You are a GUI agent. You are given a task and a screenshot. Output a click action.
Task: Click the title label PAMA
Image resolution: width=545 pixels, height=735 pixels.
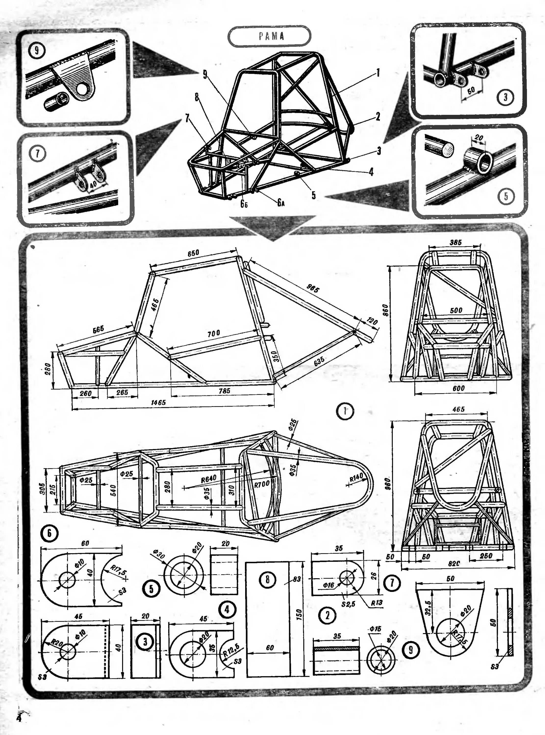(271, 36)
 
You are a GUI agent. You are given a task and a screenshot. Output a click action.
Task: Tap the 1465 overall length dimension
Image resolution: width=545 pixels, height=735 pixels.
(158, 403)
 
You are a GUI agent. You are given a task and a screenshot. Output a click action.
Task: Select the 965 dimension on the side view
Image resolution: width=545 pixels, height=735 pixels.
(312, 288)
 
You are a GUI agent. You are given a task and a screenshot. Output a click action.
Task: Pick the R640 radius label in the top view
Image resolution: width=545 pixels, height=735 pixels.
(208, 478)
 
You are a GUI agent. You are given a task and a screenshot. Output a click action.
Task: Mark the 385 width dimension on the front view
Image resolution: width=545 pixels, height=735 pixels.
(456, 242)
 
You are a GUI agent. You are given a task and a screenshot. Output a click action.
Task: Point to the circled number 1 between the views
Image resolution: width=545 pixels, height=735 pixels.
(345, 411)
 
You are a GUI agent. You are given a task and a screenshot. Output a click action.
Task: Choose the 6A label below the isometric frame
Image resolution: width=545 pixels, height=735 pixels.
(281, 203)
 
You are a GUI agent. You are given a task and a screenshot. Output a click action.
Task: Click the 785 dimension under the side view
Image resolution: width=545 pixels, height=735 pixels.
(224, 391)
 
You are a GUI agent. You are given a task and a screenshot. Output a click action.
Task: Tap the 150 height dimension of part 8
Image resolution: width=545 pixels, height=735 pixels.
(298, 614)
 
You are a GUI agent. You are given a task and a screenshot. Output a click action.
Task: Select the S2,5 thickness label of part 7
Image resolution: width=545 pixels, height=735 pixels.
(348, 604)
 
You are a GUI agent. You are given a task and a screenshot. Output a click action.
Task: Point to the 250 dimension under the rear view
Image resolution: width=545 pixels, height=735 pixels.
(486, 556)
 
